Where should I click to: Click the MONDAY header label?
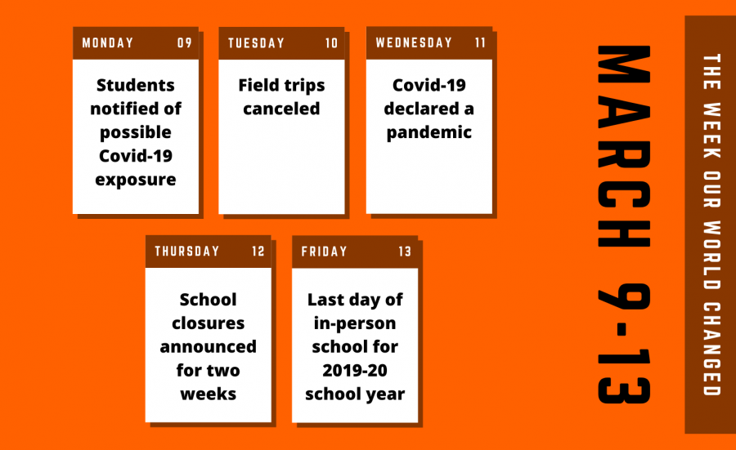coord(107,43)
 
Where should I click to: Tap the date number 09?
coord(185,43)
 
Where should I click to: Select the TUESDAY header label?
coord(256,43)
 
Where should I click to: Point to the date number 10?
coord(331,43)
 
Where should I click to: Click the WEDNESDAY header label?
coord(414,42)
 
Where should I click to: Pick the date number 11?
coord(480,42)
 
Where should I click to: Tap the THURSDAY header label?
coord(186,252)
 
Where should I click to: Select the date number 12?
coord(258,252)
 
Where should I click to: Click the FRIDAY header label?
coord(324,252)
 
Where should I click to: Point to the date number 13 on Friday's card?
coord(405,252)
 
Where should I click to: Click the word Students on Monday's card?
coord(136,85)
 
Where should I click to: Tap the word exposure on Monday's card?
coord(136,180)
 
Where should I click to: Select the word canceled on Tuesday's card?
coord(281,109)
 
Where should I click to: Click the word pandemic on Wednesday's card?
coord(429,132)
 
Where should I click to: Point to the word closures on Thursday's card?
coord(208,323)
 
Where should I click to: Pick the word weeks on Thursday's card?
coord(208,394)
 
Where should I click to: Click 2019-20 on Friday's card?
coord(355,371)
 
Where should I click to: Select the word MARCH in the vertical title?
coord(624,146)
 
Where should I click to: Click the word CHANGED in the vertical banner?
coord(711,350)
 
